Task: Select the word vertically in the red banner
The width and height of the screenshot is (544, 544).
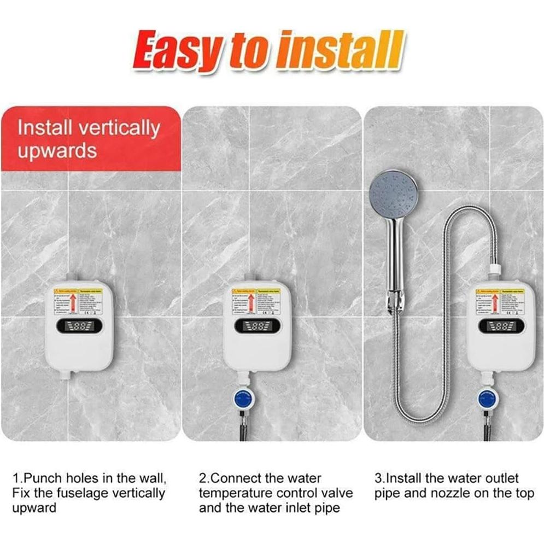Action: pos(119,128)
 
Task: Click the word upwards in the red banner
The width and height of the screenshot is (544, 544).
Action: pos(57,150)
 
